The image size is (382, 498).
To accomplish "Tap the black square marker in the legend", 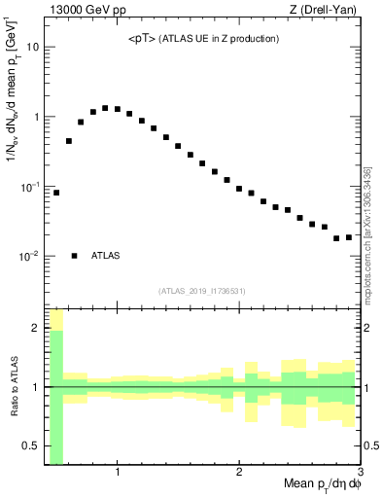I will click(74, 256).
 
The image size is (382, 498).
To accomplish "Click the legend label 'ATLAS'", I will click(105, 256).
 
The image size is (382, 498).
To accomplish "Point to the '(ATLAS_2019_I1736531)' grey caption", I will click(201, 290).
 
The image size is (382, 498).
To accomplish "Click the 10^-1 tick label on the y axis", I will click(28, 187).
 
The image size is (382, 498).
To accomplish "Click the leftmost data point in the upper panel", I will click(56, 193).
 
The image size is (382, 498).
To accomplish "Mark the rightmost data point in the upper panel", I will click(349, 237).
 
